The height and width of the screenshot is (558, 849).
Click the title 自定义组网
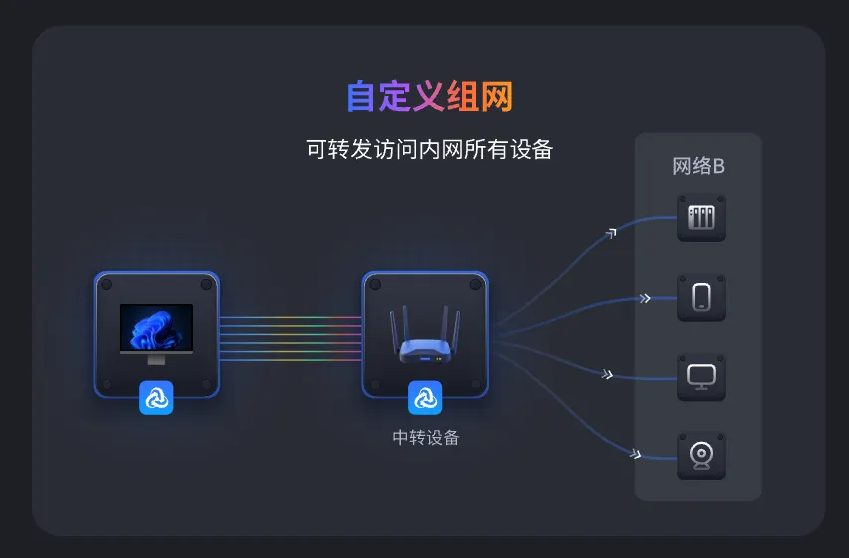tap(430, 97)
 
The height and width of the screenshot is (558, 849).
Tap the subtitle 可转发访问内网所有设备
tap(429, 150)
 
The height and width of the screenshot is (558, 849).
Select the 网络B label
tap(698, 166)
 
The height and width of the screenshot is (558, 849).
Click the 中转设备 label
tap(425, 437)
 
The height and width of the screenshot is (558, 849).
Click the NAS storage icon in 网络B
tap(701, 217)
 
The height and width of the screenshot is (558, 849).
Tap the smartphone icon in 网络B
tap(701, 297)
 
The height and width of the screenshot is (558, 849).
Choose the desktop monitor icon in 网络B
tap(701, 377)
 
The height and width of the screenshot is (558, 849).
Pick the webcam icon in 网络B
tap(701, 456)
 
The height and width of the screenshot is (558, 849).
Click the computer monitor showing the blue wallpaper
tap(156, 327)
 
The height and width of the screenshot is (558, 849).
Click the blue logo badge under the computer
tap(156, 398)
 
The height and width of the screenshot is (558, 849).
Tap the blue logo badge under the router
tap(425, 398)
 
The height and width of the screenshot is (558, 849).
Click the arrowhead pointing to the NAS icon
tap(611, 233)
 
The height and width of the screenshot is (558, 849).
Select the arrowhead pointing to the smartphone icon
tap(645, 297)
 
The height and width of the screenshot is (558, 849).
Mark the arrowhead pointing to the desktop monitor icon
tap(607, 375)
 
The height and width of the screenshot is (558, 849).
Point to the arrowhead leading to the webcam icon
tap(635, 455)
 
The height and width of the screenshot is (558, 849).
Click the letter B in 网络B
tap(718, 166)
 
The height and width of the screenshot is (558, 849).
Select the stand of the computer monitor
tap(156, 358)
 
